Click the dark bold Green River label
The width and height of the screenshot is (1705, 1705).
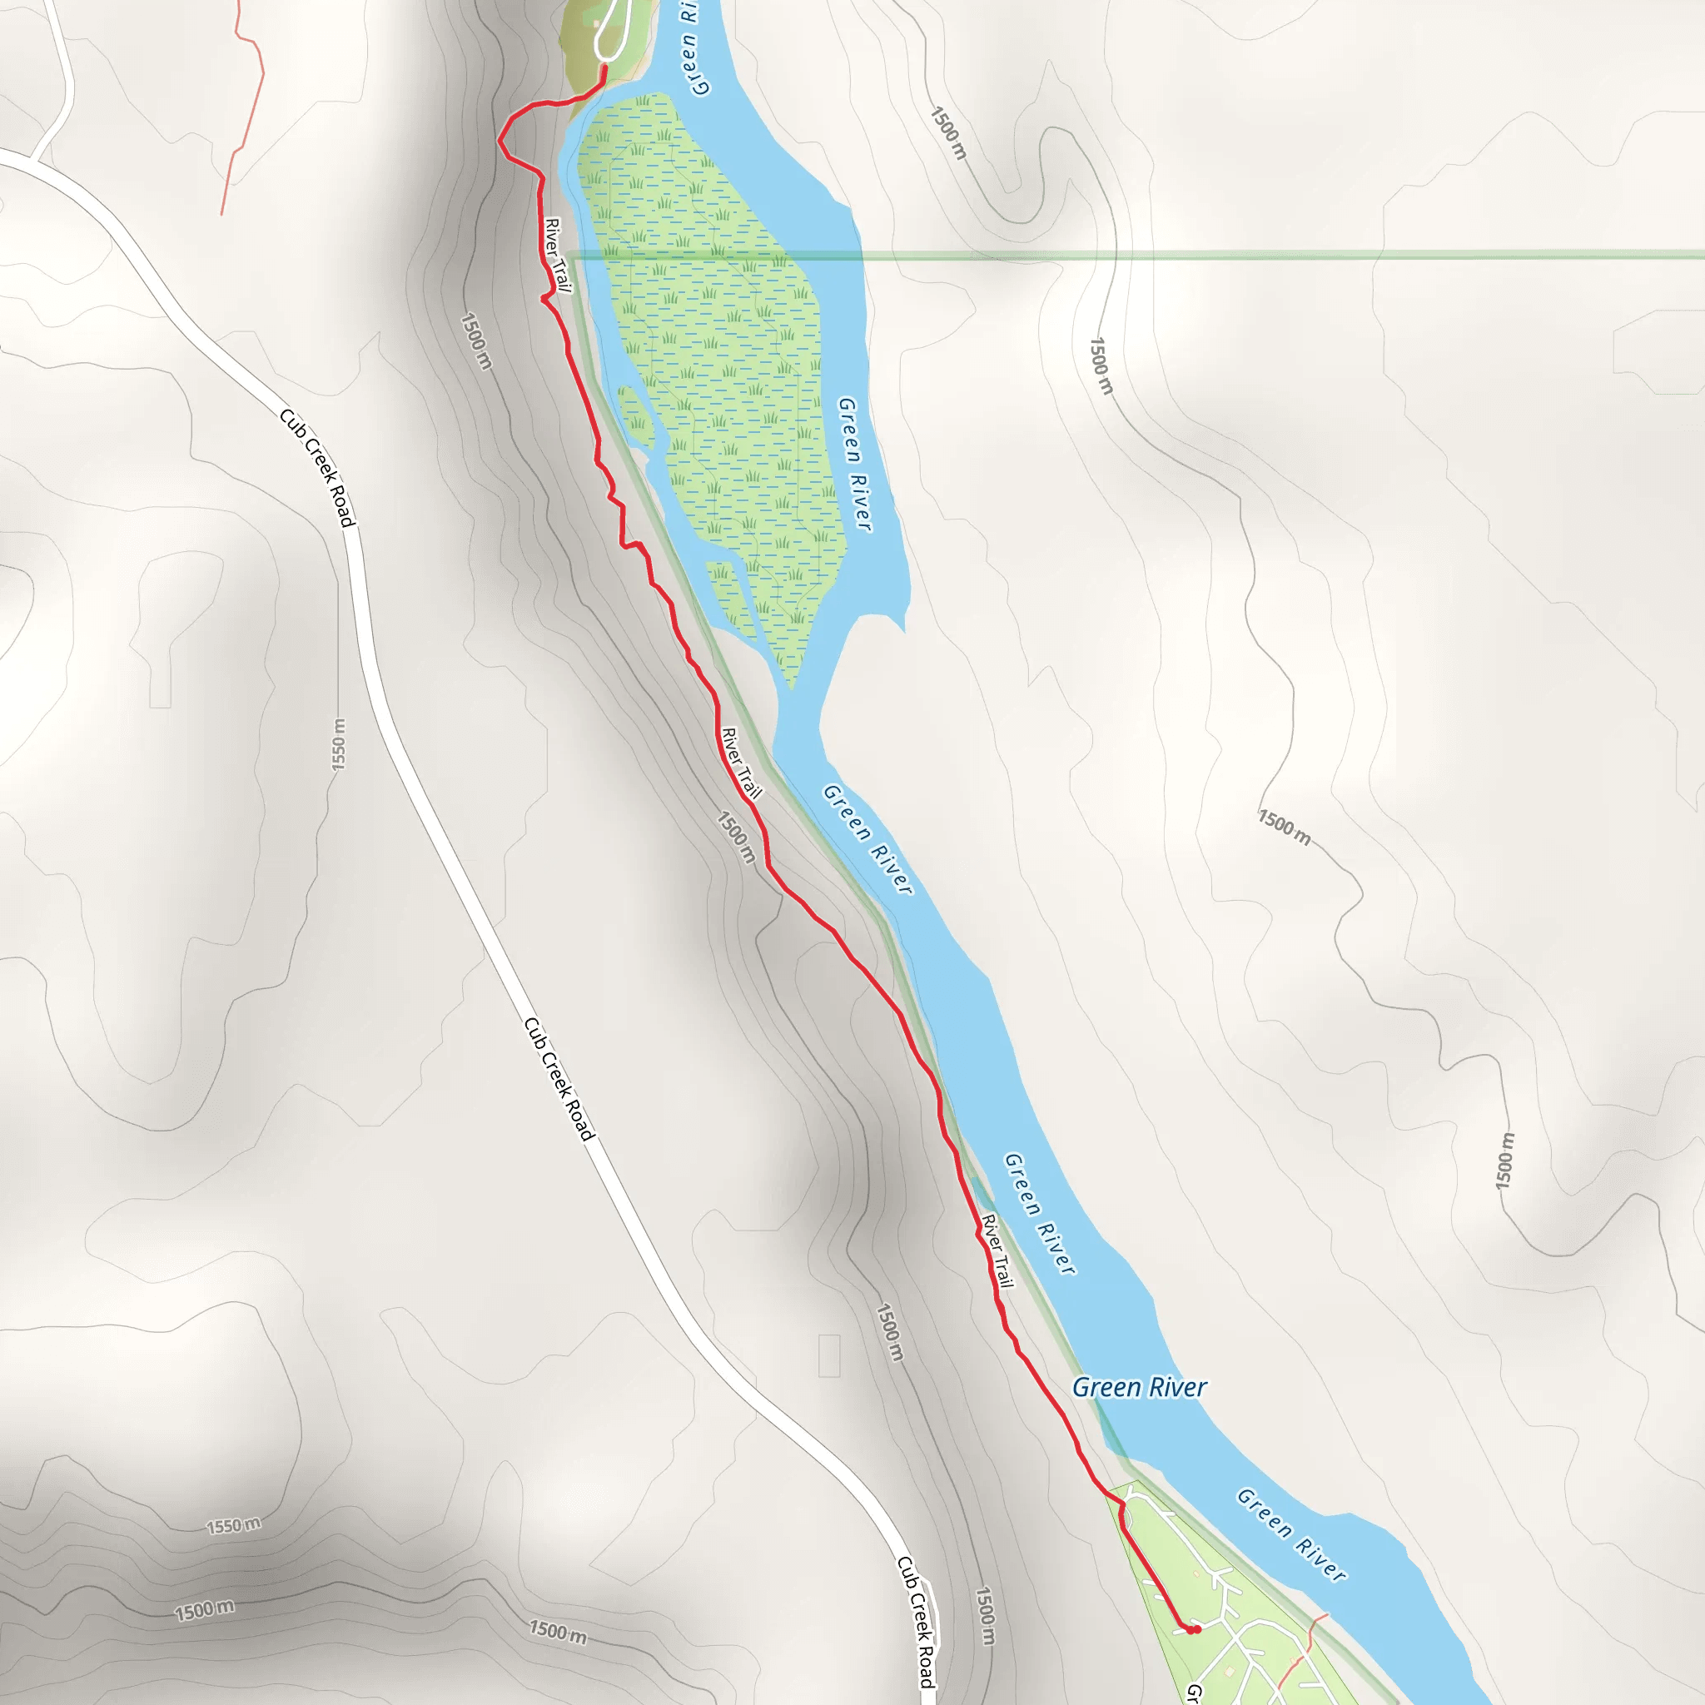(x=1138, y=1387)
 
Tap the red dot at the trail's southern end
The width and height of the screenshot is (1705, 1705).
(x=1193, y=1629)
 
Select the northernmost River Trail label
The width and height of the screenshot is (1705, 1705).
(x=558, y=255)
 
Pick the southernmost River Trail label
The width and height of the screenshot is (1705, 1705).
(x=997, y=1250)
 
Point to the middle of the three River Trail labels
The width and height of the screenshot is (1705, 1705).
(x=740, y=763)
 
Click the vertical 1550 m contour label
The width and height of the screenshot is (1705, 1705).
(x=339, y=744)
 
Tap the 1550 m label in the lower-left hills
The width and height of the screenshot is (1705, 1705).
(x=233, y=1525)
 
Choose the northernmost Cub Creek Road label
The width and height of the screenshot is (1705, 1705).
(x=317, y=468)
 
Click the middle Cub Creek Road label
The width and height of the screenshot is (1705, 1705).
(x=559, y=1078)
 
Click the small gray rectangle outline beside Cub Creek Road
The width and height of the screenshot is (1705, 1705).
(x=828, y=1355)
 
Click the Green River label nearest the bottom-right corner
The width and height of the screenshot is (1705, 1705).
(x=1290, y=1534)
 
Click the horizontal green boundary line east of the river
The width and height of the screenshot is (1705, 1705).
(x=1235, y=256)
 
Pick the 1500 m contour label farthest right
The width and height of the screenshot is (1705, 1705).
(x=1504, y=1161)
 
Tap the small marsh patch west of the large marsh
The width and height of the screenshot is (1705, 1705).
(x=635, y=415)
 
